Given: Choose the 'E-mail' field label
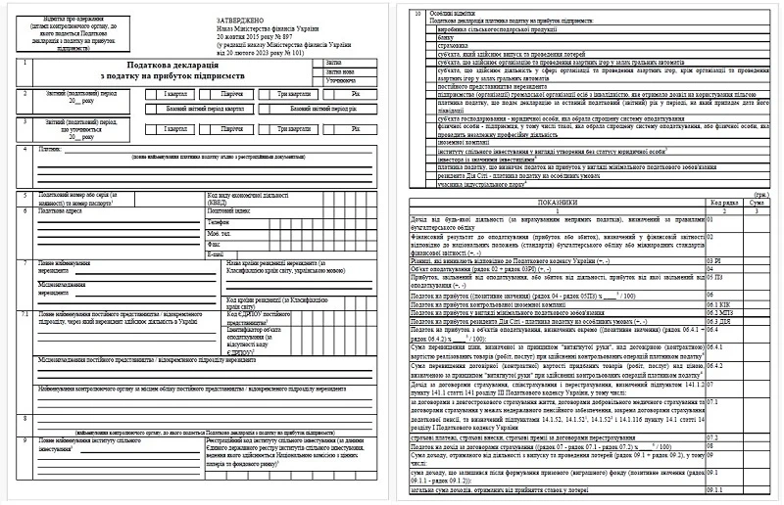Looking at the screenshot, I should [217, 253].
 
